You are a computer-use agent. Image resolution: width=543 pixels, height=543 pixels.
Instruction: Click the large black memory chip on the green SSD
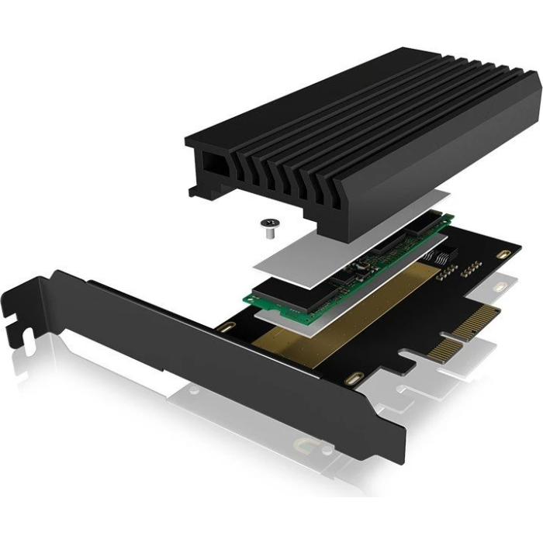(x=303, y=292)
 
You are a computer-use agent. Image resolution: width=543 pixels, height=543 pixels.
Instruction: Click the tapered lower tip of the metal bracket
(x=392, y=450)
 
